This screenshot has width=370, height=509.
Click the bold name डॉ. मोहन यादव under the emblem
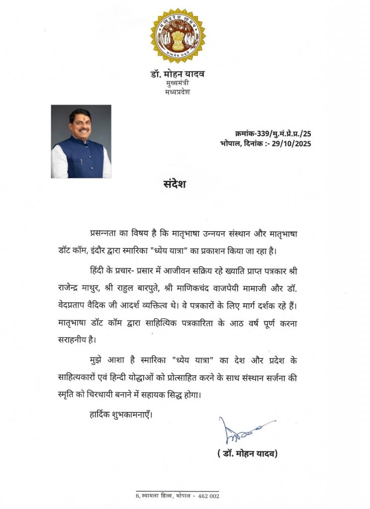point(178,75)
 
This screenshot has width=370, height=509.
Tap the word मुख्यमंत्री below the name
point(178,84)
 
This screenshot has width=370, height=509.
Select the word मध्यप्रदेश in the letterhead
point(178,92)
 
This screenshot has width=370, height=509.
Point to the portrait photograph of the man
point(81,141)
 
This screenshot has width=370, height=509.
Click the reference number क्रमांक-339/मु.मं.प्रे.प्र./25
point(273,134)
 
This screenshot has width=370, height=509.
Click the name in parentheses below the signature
point(247,453)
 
